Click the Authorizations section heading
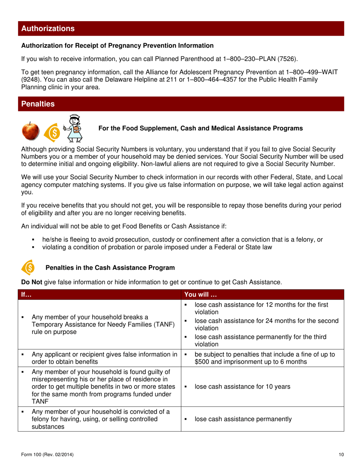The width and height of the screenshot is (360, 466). (x=48, y=28)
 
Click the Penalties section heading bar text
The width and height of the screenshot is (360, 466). (x=38, y=104)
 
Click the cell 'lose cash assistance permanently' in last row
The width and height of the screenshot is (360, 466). (x=243, y=419)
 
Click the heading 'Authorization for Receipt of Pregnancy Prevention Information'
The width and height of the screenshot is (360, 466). (x=117, y=45)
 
